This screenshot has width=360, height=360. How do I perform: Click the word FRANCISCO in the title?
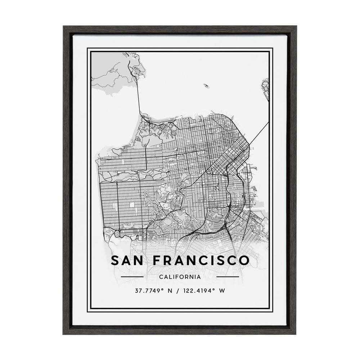199,260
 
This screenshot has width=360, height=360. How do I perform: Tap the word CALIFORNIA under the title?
180,277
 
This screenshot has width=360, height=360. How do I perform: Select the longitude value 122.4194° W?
203,291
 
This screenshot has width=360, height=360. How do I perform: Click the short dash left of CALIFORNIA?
132,277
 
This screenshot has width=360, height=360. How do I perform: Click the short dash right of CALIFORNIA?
228,277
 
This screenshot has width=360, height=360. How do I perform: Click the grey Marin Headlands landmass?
112,76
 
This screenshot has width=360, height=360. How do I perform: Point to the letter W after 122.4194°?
222,291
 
